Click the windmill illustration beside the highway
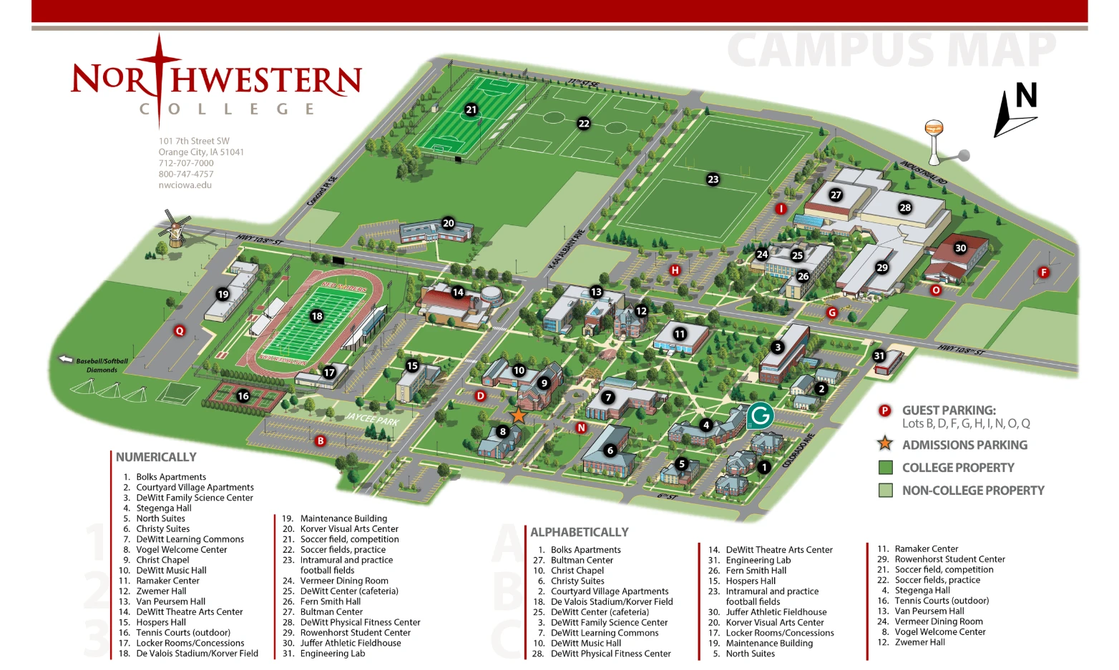[x=173, y=229]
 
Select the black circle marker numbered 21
[x=471, y=109]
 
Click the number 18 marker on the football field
[x=316, y=315]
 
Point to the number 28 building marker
[x=905, y=207]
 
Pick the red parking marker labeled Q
[x=180, y=330]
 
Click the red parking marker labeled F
[x=1043, y=272]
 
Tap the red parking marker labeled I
[x=781, y=209]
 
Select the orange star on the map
[x=518, y=415]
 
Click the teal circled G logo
[x=761, y=415]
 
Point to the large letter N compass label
[x=1026, y=96]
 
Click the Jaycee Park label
[x=372, y=419]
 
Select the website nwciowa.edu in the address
[x=185, y=185]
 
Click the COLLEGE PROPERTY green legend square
[x=886, y=468]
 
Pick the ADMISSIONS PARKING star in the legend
[x=885, y=444]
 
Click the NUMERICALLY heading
[x=156, y=457]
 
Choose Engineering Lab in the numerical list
[x=332, y=654]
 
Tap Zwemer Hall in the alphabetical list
[x=919, y=642]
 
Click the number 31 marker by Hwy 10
[x=879, y=355]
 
